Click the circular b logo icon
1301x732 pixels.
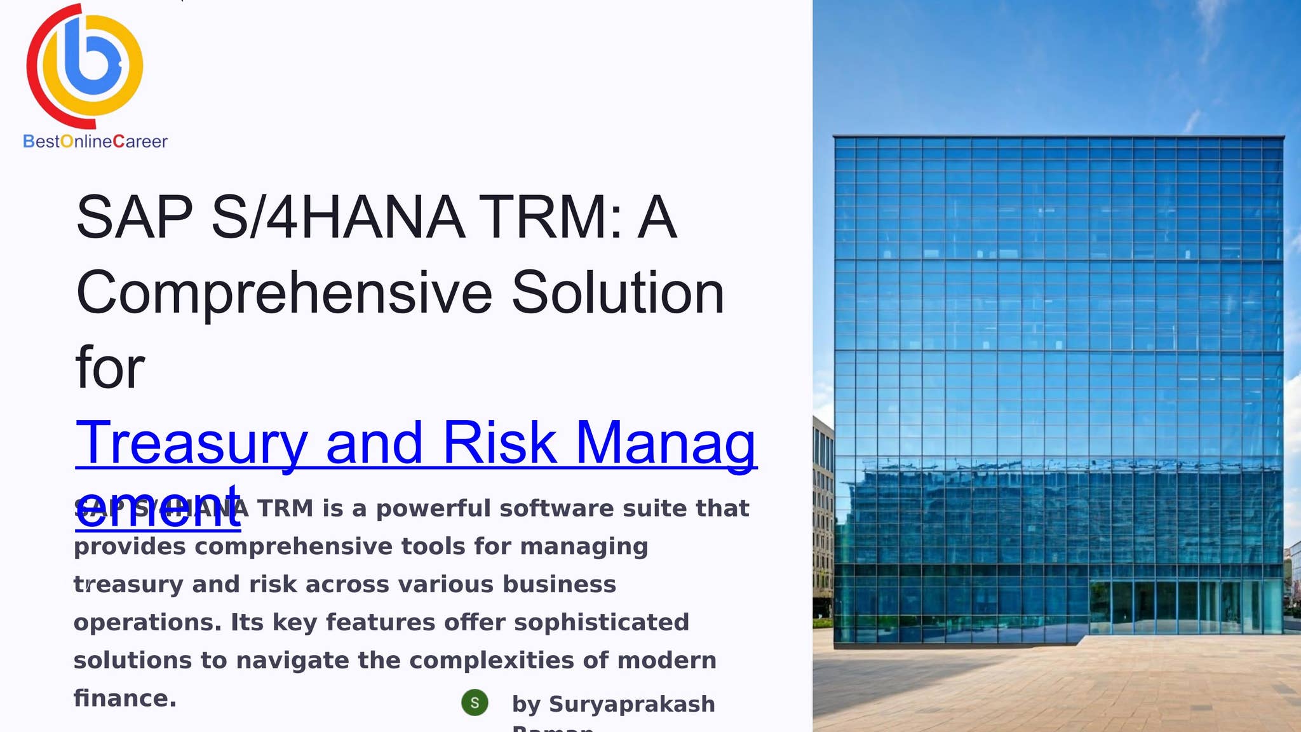coord(85,65)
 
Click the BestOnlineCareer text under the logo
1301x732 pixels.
coord(95,141)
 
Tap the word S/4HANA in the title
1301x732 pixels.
coord(338,217)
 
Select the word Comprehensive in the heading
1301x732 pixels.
coord(284,293)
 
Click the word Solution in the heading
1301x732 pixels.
coord(617,293)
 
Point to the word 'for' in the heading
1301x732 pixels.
coord(110,368)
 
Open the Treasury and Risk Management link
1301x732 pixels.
coord(415,443)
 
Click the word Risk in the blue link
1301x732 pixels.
coord(499,443)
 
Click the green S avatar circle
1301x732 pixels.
coord(475,703)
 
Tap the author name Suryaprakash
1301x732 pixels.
coord(631,704)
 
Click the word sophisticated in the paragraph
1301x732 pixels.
coord(601,622)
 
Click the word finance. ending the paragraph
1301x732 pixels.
coord(125,698)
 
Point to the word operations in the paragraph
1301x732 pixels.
coord(147,623)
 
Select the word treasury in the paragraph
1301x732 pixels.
coord(128,585)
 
